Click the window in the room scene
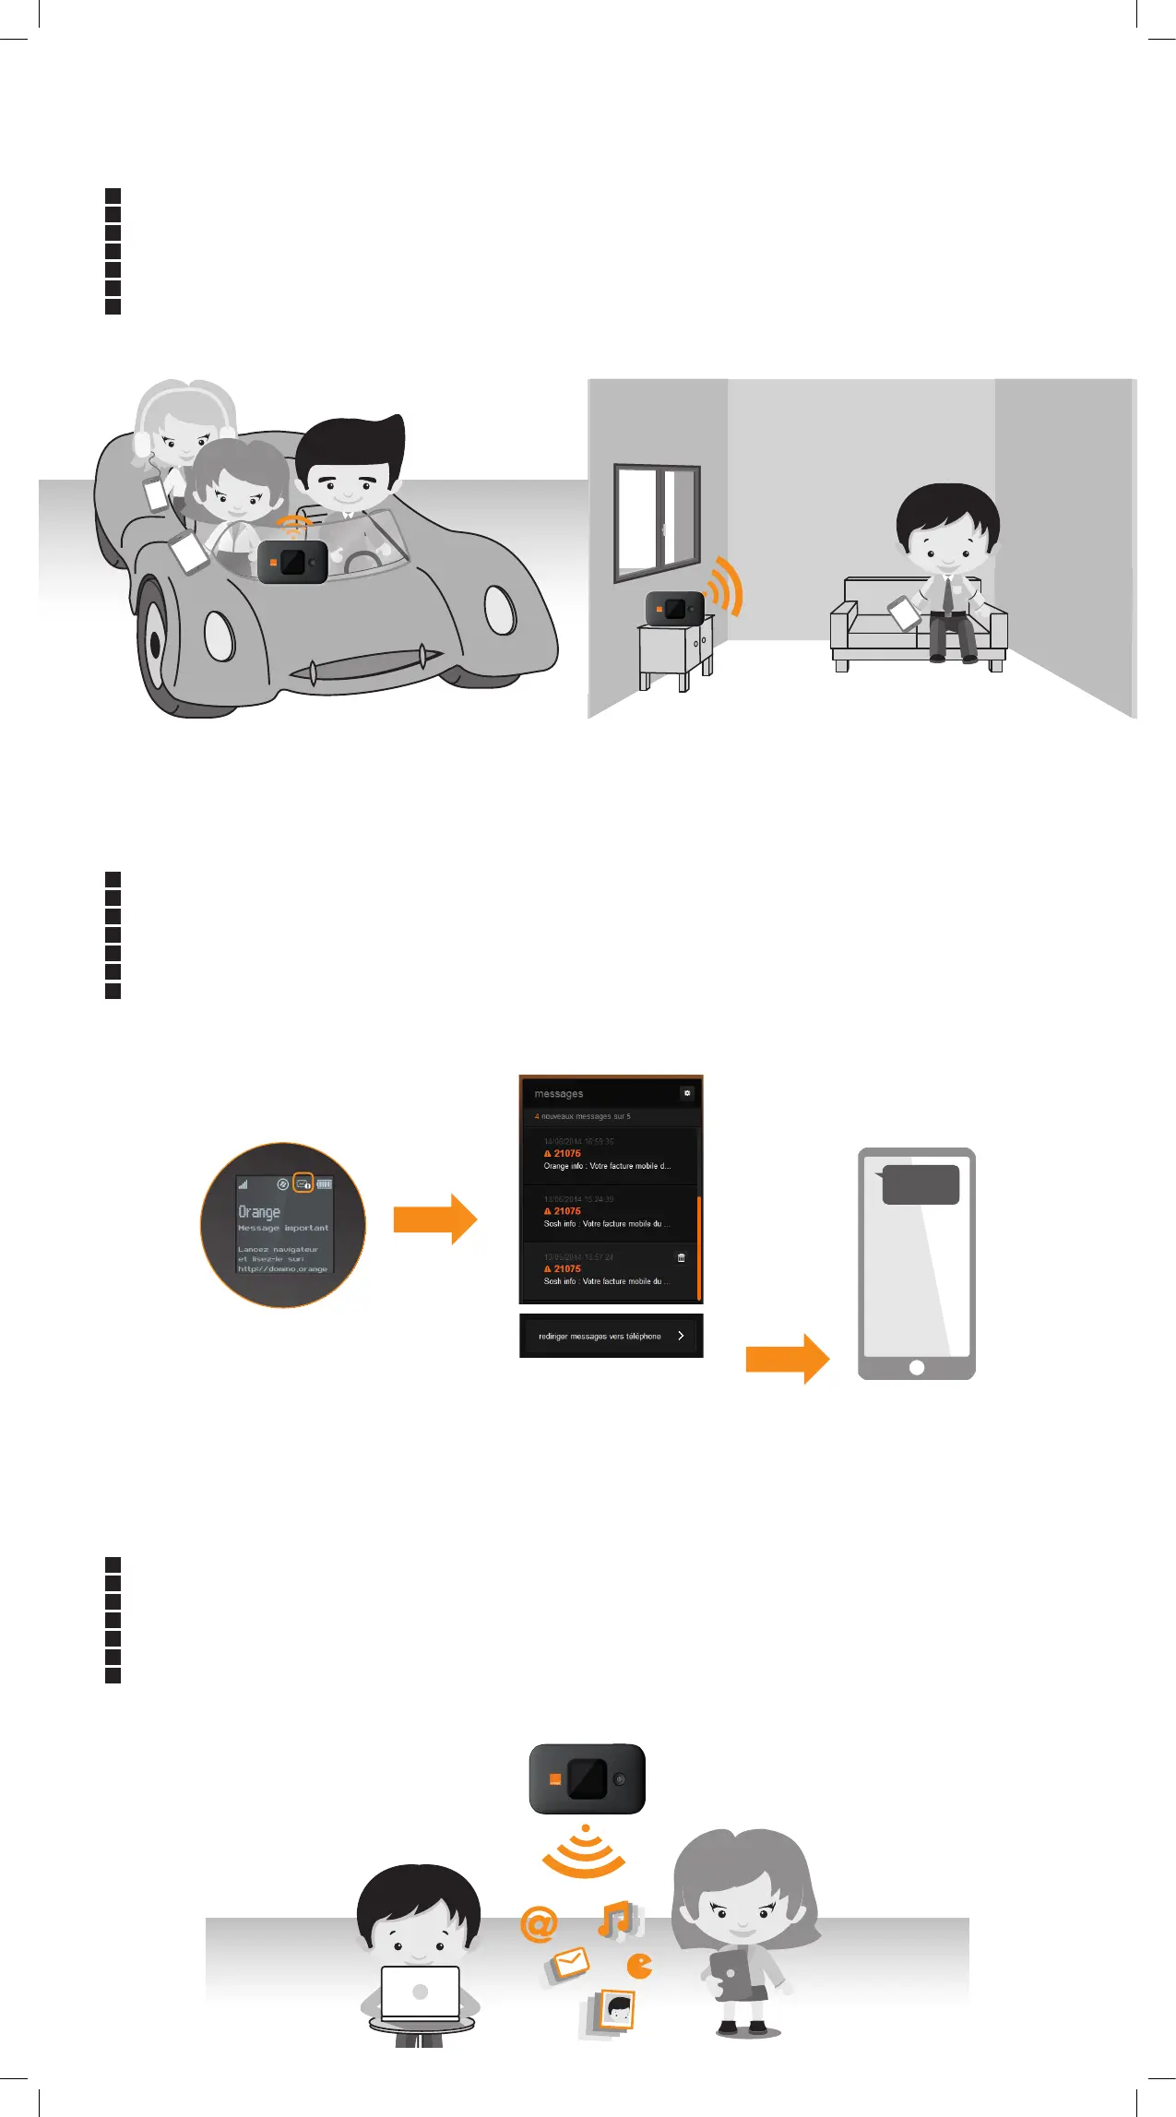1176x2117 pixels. tap(657, 521)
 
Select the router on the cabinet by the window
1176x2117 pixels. tap(674, 608)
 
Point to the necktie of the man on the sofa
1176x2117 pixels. tap(947, 596)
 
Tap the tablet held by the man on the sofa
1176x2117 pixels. tap(904, 613)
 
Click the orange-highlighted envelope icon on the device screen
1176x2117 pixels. tap(303, 1183)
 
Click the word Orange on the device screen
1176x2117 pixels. tap(259, 1212)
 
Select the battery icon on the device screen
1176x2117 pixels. tap(325, 1183)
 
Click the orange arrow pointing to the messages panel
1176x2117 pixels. tap(434, 1219)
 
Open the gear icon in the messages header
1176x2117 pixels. tap(687, 1093)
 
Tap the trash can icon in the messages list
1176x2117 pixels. tap(682, 1257)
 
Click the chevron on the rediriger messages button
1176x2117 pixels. tap(681, 1336)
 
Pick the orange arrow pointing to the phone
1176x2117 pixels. tap(787, 1359)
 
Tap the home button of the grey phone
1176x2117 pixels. tap(917, 1367)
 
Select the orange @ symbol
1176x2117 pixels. tap(539, 1924)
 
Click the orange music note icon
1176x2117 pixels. tap(615, 1919)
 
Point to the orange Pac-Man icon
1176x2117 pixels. tap(639, 1966)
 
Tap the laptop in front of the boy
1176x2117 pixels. tap(421, 1993)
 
